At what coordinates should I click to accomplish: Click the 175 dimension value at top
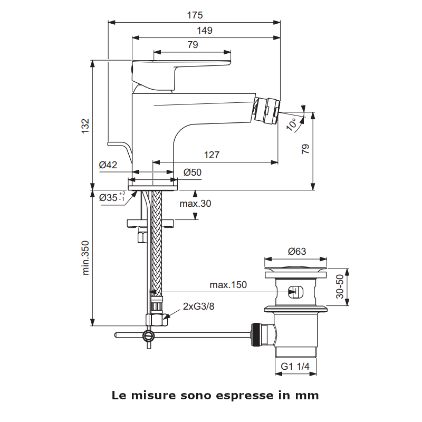tap(195, 15)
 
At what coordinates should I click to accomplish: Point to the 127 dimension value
tap(212, 155)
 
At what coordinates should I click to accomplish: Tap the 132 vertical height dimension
tap(85, 126)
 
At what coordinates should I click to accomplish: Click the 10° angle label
tap(292, 124)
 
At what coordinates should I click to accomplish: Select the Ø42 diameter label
tap(108, 165)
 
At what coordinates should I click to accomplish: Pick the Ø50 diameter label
tap(193, 172)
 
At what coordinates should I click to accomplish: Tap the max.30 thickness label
tap(195, 204)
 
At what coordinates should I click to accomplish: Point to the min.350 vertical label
tap(85, 258)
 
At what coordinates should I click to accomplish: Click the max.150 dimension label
tap(228, 285)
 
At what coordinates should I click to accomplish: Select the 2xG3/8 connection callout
tap(199, 306)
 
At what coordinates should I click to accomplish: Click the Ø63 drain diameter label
tap(297, 252)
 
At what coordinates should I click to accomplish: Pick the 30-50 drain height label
tap(340, 286)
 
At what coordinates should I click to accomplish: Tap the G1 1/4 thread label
tap(295, 366)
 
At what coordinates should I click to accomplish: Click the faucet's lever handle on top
tap(179, 66)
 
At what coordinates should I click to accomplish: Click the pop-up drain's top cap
tap(296, 270)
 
